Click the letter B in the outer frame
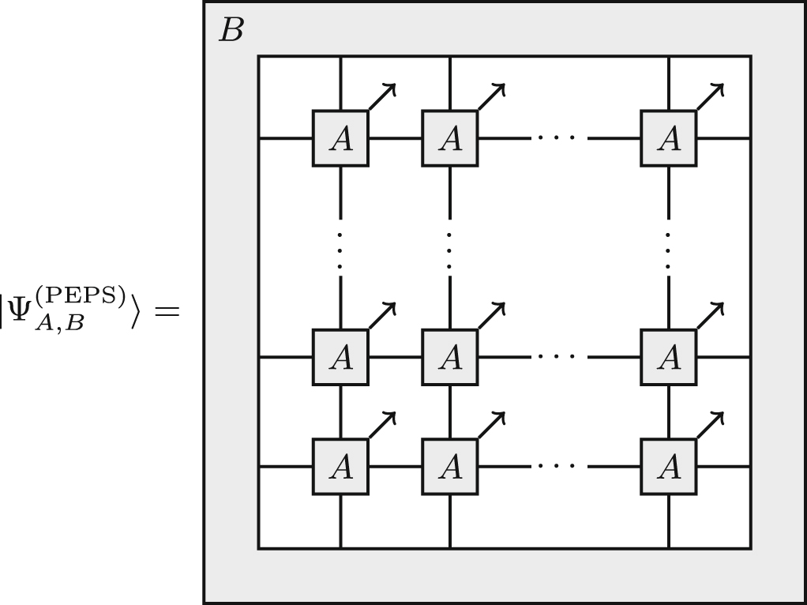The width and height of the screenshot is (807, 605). (x=231, y=31)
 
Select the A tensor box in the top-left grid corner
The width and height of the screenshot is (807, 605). (x=340, y=138)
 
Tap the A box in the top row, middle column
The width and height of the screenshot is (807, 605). (x=450, y=138)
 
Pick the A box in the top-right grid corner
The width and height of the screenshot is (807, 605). (x=669, y=138)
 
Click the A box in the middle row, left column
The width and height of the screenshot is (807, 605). (x=340, y=357)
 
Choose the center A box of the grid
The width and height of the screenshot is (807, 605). (x=450, y=357)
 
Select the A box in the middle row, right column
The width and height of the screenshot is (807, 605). (x=669, y=357)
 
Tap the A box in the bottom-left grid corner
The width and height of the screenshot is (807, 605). (x=340, y=467)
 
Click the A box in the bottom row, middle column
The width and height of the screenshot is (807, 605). (x=450, y=467)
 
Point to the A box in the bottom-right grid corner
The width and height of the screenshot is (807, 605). (x=669, y=467)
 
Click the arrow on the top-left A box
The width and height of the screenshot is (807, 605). (x=381, y=96)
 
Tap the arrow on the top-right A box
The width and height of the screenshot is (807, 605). (x=710, y=96)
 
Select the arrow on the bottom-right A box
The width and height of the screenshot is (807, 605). (x=710, y=424)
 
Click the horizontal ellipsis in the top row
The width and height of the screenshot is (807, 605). (x=559, y=138)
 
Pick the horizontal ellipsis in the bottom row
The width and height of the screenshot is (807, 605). (x=559, y=467)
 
